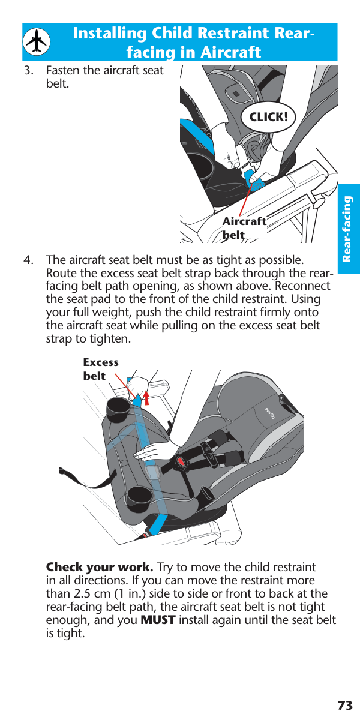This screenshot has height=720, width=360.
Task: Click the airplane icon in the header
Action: coord(38,42)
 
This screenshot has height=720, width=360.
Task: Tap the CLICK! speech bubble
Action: coord(268,117)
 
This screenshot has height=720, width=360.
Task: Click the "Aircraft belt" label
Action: coord(244,228)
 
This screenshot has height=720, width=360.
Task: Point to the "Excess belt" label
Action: coord(100,369)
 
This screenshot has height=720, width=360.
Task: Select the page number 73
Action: coord(344,705)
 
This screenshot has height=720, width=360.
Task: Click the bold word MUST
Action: coord(158,620)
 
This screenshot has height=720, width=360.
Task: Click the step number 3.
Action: coord(28,71)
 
